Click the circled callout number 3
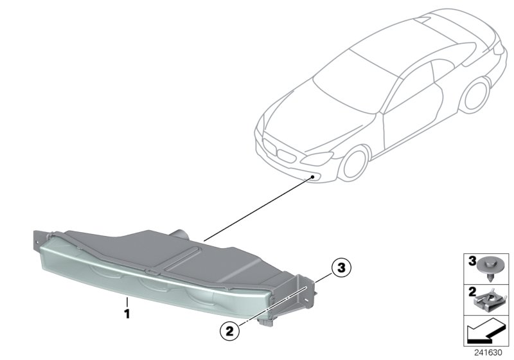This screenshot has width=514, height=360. tap(341, 267)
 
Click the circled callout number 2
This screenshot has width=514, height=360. tap(230, 331)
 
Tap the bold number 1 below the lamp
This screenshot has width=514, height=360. tap(127, 314)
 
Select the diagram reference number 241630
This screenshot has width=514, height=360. tap(488, 353)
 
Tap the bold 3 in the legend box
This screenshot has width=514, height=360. tap(472, 261)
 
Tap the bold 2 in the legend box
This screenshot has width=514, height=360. tap(472, 292)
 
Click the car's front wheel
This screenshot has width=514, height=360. tap(353, 163)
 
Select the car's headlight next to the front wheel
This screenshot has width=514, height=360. tap(317, 159)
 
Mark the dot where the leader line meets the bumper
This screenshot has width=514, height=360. tap(313, 177)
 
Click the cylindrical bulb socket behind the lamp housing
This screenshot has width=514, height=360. tap(179, 234)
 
